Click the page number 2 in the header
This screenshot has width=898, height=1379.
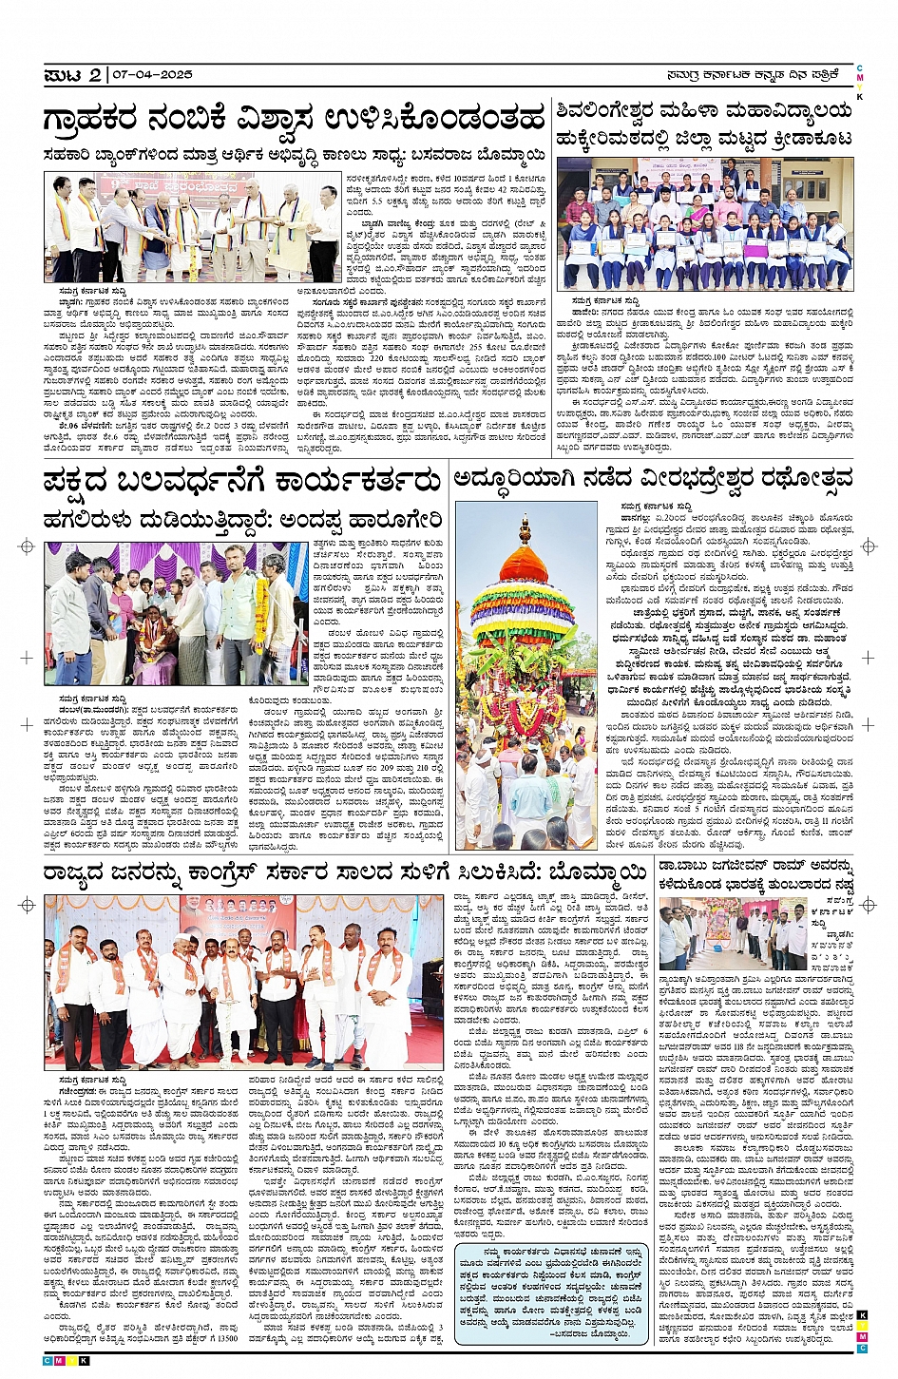click(x=95, y=75)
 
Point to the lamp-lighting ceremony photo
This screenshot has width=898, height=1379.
click(x=192, y=227)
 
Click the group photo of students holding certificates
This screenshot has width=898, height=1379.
click(x=704, y=223)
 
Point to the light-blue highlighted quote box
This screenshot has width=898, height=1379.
click(x=551, y=1293)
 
